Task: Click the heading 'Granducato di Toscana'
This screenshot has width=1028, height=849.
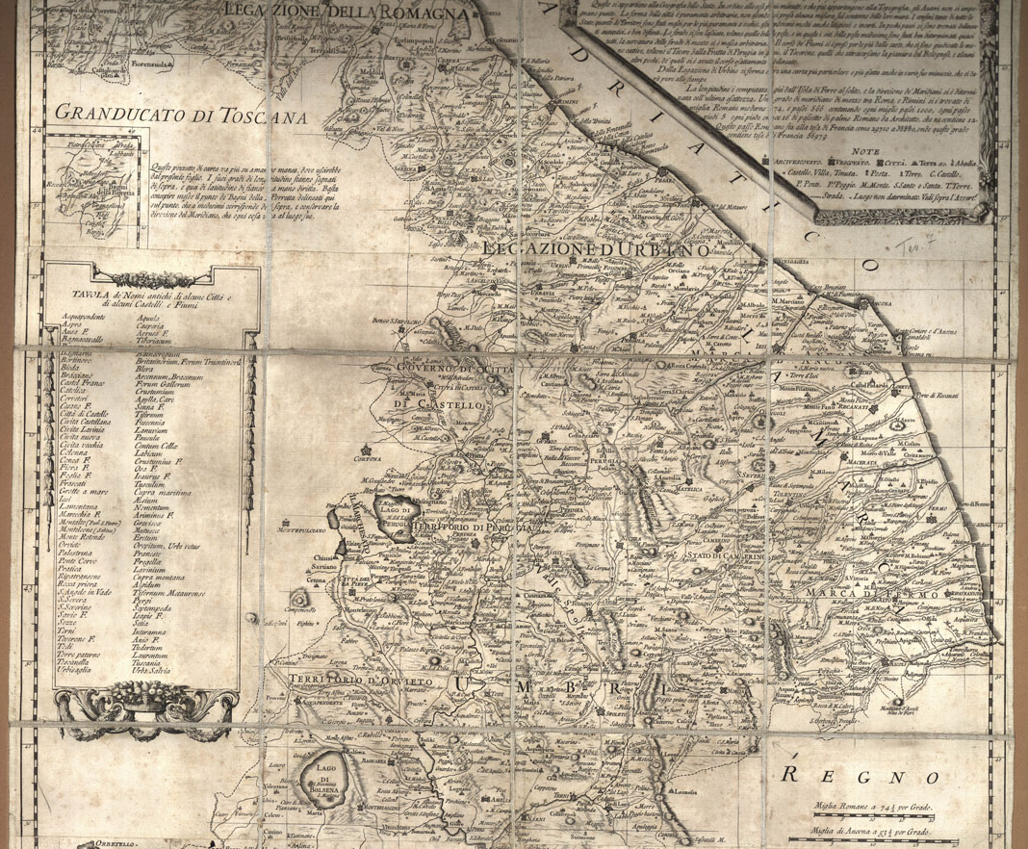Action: click(x=166, y=112)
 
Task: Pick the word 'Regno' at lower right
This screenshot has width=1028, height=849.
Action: click(x=845, y=775)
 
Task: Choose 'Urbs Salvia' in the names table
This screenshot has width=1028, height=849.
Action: click(x=159, y=670)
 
